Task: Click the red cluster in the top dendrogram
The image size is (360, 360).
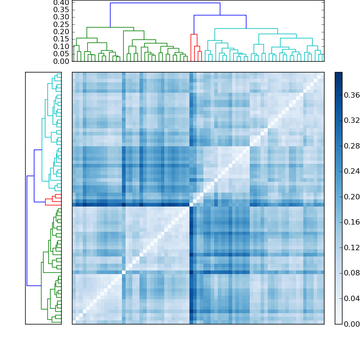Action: pos(194,35)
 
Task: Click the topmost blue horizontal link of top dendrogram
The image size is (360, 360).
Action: pos(165,3)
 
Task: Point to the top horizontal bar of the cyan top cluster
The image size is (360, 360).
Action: pos(246,29)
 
